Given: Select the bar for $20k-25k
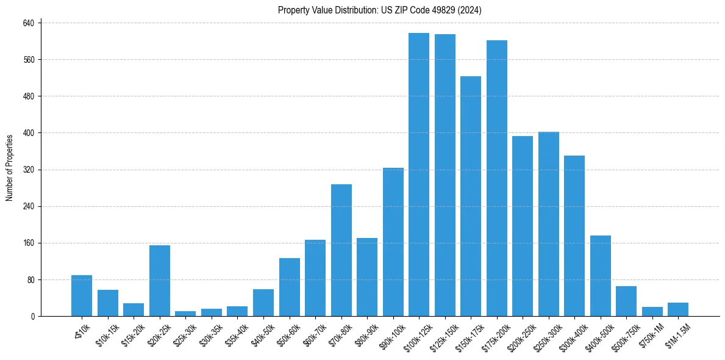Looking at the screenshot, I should click(x=160, y=281).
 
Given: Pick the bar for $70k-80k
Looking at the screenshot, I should click(x=341, y=250).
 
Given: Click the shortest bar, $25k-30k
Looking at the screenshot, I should click(x=185, y=314).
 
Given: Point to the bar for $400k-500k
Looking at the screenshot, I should click(x=601, y=276).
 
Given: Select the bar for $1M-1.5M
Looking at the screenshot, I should click(x=678, y=309).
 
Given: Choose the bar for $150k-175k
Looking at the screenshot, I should click(x=471, y=196).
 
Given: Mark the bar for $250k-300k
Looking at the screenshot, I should click(x=549, y=224).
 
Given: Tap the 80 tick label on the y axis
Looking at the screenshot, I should click(x=34, y=279).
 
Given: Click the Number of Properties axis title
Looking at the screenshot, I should click(x=9, y=168).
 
